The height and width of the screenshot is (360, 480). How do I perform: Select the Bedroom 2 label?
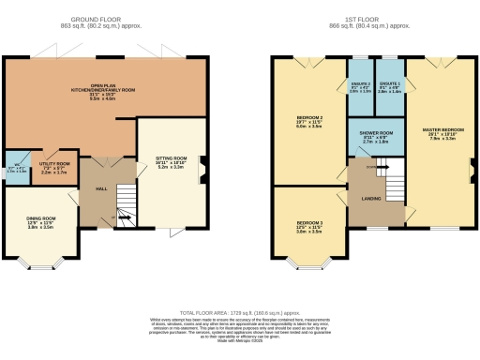(x=309, y=121)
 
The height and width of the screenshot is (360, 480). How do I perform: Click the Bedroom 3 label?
(x=309, y=226)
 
